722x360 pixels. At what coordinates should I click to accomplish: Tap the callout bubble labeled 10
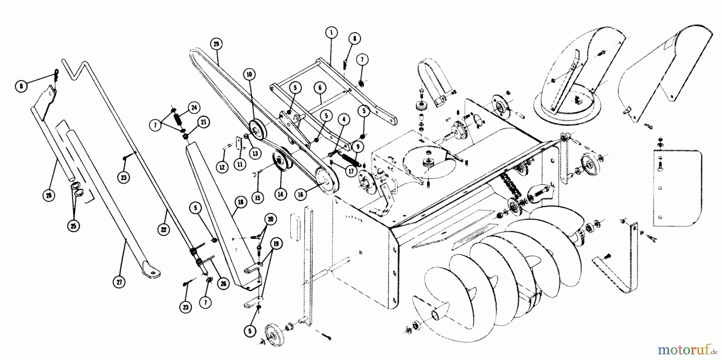249,74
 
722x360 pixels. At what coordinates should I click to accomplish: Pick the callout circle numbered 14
280,194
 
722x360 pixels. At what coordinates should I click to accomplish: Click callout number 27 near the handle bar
119,282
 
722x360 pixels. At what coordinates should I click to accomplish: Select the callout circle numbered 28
49,195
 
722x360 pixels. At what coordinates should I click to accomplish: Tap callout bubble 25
74,226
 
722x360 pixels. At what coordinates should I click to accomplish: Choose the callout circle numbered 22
165,230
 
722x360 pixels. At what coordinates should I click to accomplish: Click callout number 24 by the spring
194,108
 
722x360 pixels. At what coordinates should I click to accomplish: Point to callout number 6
320,88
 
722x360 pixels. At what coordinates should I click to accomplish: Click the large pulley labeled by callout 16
326,181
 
